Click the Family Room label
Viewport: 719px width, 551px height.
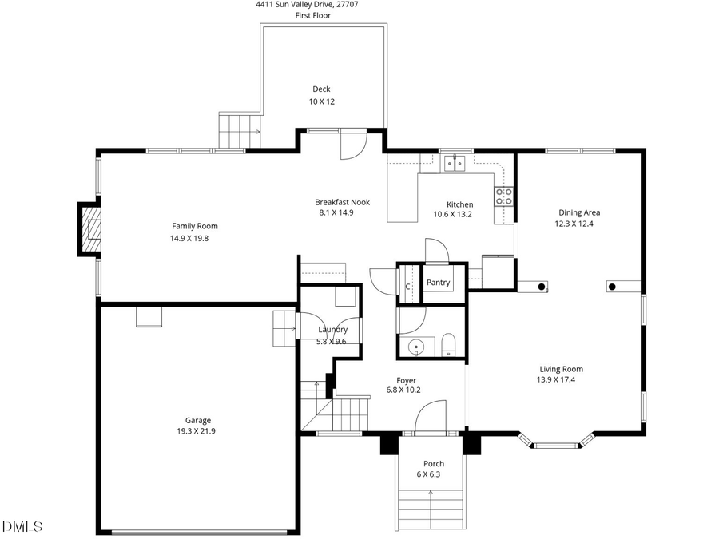[x=194, y=226]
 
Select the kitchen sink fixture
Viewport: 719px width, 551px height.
[x=455, y=163]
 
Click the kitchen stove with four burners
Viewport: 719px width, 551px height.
[x=503, y=196]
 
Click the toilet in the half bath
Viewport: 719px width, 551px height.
[x=447, y=343]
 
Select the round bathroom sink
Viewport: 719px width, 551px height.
[x=415, y=347]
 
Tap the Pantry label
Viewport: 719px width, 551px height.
[x=438, y=283]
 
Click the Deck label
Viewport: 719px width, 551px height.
[x=320, y=89]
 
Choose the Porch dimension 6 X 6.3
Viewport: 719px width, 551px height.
[x=428, y=474]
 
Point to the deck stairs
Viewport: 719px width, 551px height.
[x=240, y=130]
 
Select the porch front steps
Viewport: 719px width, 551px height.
[x=430, y=511]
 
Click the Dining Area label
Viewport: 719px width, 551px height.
[x=578, y=212]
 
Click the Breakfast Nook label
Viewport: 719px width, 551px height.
[x=342, y=202]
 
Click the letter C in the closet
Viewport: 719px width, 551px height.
[x=407, y=287]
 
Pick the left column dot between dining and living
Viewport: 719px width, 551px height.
[x=542, y=286]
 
